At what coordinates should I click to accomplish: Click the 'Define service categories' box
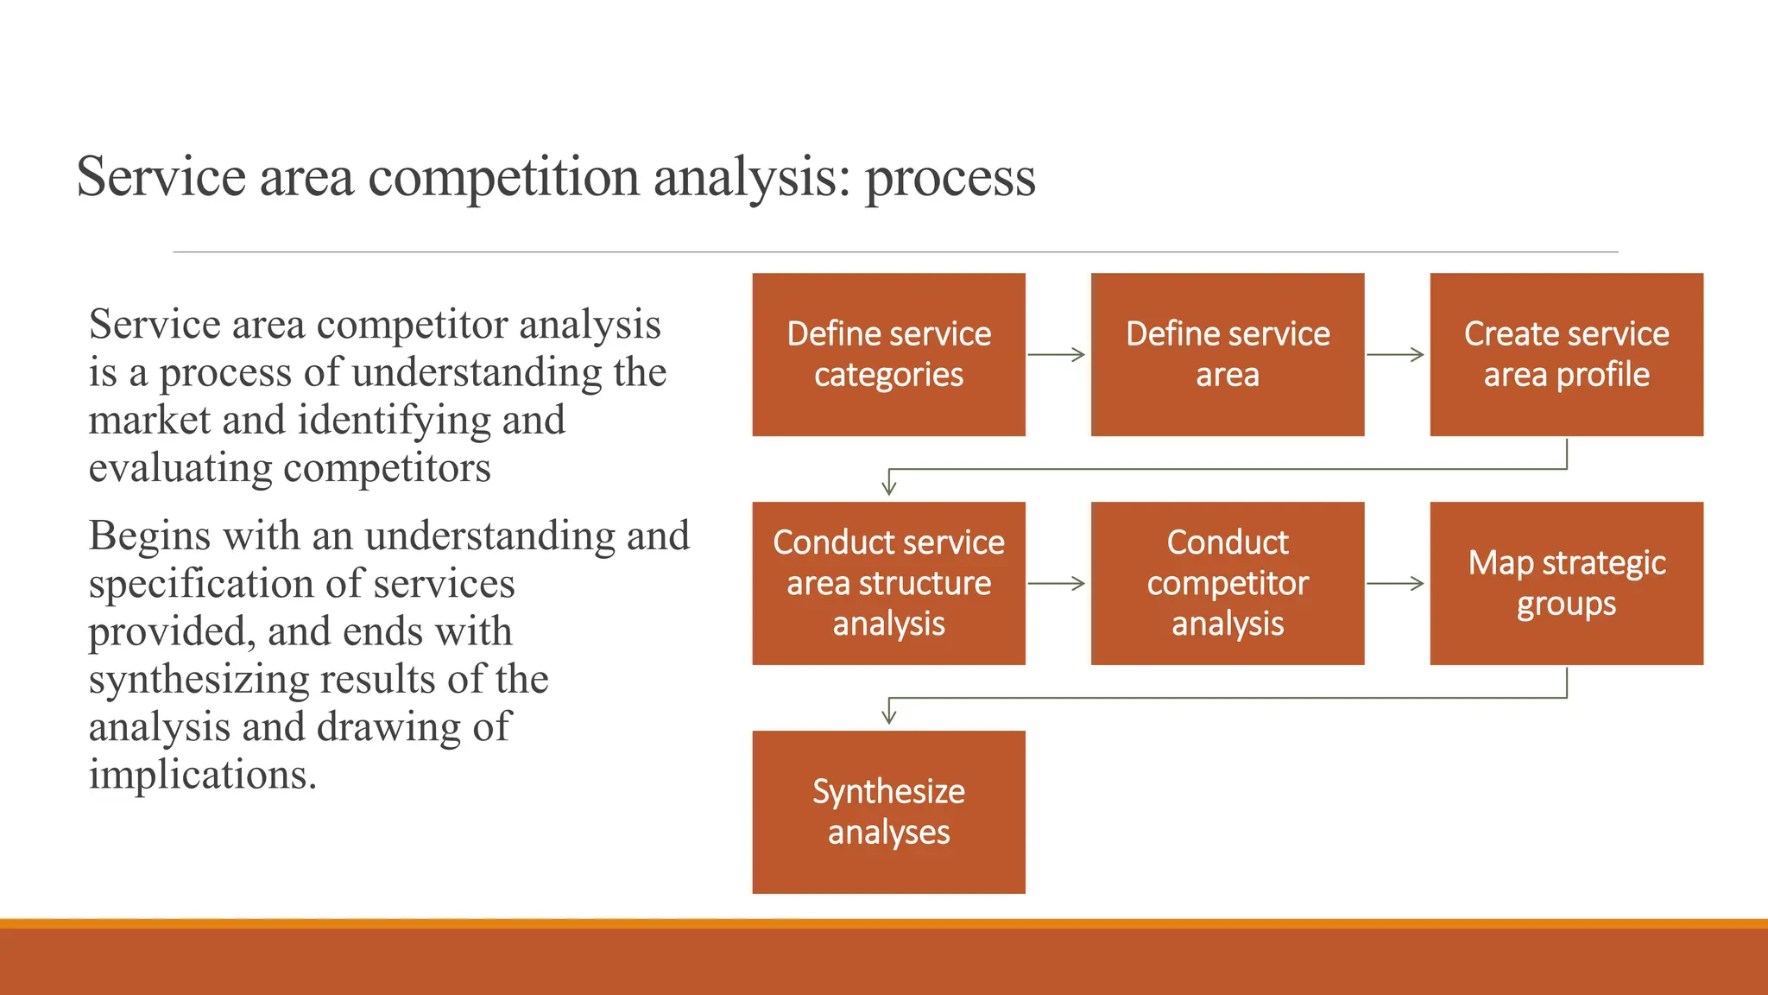point(888,354)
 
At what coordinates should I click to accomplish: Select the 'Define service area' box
point(1227,354)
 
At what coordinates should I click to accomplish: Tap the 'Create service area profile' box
point(1566,354)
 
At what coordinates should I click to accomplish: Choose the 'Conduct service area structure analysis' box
point(888,583)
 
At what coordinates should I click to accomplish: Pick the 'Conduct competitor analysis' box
point(1227,583)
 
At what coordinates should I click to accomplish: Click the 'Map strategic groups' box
point(1566,583)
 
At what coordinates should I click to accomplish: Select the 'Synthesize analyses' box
point(888,812)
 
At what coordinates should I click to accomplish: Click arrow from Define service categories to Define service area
point(1057,354)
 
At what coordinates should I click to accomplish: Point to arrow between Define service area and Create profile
point(1395,354)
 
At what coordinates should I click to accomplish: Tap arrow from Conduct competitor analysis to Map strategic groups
point(1395,583)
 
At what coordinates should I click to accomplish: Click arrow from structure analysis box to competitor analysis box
point(1057,583)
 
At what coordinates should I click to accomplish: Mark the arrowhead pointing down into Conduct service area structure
point(889,486)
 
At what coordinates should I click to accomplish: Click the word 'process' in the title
point(950,179)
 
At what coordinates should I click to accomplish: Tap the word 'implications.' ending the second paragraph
point(203,775)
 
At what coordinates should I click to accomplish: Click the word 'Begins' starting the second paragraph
point(150,536)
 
